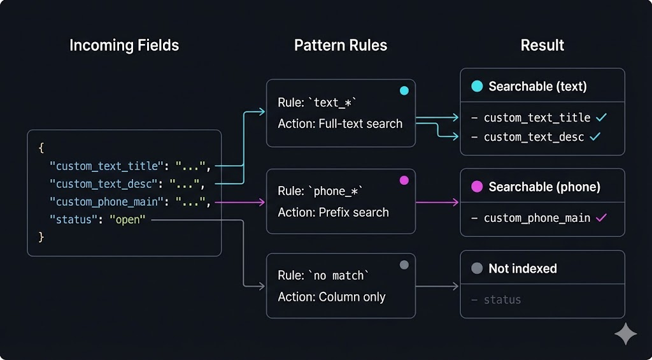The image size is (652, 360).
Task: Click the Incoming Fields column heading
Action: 124,46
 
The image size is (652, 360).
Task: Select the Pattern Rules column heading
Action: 341,46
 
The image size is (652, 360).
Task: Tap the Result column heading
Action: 542,46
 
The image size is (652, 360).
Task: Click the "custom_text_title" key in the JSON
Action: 106,166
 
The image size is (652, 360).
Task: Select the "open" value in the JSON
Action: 127,220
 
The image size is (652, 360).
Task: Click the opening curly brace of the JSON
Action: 41,148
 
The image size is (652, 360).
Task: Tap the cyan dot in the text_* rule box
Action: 404,91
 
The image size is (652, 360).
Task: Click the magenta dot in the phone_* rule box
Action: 404,180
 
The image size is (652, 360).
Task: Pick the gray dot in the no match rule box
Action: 404,265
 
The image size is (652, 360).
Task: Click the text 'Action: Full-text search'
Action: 340,124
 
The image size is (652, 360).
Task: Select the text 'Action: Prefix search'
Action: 333,212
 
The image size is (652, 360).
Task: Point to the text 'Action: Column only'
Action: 332,297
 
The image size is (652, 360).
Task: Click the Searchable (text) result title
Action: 537,87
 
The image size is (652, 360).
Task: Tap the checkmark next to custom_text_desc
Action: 595,137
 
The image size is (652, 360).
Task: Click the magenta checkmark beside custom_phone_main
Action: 601,218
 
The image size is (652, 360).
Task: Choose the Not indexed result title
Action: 522,269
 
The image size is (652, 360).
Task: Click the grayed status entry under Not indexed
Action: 502,299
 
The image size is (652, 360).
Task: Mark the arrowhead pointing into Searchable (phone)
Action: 455,203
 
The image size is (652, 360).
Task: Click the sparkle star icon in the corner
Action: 625,334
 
